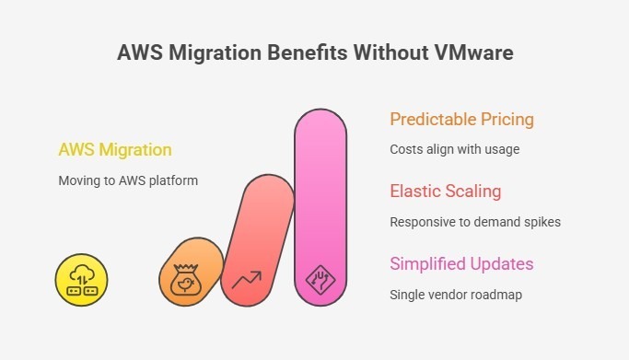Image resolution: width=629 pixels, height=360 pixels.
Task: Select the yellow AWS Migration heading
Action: pos(114,149)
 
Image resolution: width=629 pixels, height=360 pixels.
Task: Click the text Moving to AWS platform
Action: pos(128,180)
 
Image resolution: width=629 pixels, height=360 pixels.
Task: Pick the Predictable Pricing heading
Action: pos(461,120)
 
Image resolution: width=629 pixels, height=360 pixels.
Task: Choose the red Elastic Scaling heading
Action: pos(445,192)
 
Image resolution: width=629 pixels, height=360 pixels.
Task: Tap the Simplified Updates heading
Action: pos(461,264)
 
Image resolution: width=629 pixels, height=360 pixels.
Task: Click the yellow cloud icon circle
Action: pos(82,279)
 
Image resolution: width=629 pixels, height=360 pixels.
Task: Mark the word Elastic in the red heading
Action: pos(415,192)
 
